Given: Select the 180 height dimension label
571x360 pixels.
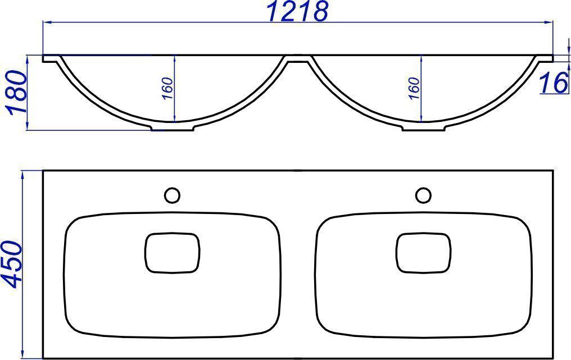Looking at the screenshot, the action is (x=16, y=93).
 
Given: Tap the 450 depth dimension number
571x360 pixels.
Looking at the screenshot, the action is (x=12, y=264).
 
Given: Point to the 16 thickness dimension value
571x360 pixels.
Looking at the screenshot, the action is (x=554, y=82).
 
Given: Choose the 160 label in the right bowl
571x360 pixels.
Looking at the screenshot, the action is (x=414, y=88).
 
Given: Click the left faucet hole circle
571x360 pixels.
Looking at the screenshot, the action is (x=172, y=195).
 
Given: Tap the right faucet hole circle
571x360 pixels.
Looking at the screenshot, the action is (x=423, y=195).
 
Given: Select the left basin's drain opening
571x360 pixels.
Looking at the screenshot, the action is (x=172, y=253).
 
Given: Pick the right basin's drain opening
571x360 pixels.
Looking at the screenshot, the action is (x=423, y=253).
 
